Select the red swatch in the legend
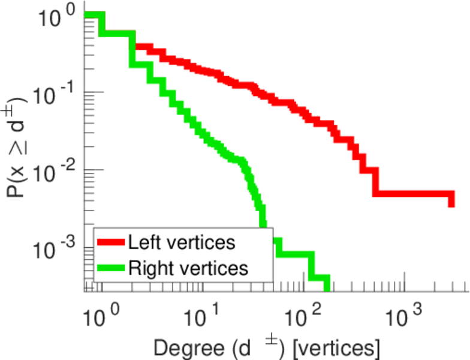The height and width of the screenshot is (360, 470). coord(111,242)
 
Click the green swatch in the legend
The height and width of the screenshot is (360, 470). coord(111,268)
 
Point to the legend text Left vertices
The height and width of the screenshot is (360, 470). coord(182,242)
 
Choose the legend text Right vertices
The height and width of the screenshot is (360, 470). coord(188,268)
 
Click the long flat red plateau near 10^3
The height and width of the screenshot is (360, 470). coord(414,194)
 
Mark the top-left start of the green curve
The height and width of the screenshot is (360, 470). coord(90,14)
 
